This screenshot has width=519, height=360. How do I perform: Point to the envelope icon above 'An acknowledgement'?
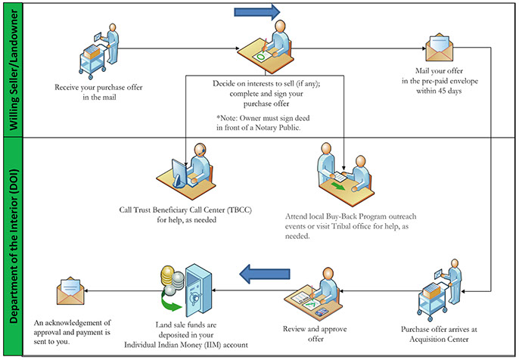(70, 290)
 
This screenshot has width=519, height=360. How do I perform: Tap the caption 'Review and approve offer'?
(314, 334)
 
